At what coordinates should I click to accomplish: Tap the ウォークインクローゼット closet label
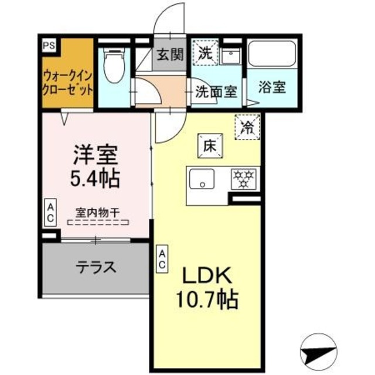click(x=67, y=83)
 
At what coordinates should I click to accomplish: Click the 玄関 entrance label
click(x=169, y=54)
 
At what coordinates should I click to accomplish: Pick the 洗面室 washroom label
click(x=216, y=91)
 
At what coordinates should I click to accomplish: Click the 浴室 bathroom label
click(x=272, y=87)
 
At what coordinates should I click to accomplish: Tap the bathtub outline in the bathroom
click(x=272, y=55)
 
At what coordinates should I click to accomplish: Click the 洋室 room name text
click(x=96, y=154)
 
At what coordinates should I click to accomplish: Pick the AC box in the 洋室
click(x=50, y=213)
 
